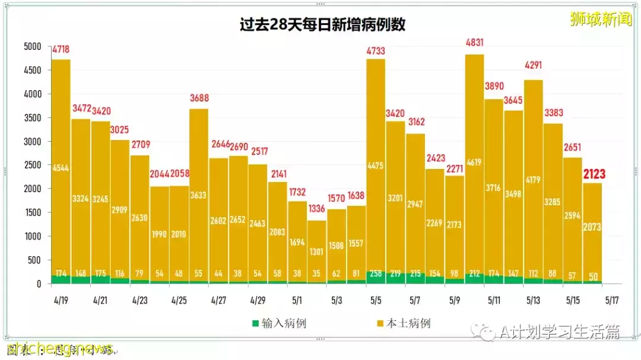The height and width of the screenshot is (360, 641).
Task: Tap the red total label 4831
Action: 475,42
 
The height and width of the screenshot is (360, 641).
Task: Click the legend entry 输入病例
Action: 278,323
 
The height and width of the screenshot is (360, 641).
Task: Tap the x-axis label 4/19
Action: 61,300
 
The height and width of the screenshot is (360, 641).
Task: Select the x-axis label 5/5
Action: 376,300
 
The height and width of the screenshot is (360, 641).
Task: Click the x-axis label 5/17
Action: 613,300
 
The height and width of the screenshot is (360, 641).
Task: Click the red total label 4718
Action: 62,49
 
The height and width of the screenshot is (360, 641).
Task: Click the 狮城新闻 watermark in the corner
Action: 601,20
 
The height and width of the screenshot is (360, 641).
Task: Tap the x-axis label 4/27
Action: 218,300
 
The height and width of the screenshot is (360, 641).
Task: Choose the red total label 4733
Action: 376,51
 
